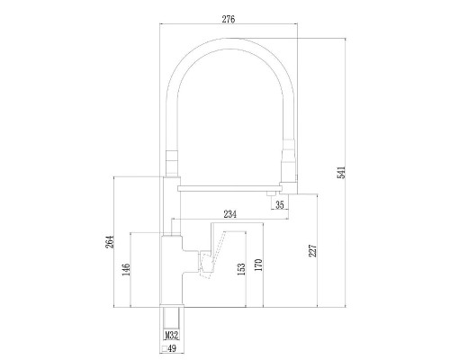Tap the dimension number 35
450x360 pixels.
[x=280, y=206]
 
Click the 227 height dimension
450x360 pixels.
[x=311, y=252]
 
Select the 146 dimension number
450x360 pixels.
[x=127, y=269]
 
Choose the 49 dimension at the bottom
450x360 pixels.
[x=170, y=348]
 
